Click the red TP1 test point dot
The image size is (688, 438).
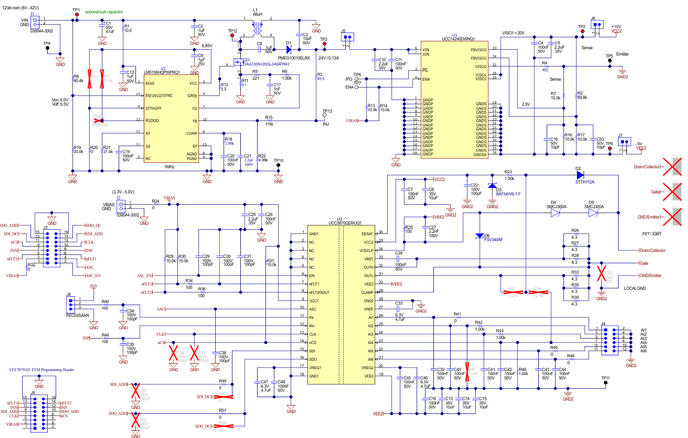(x=76, y=15)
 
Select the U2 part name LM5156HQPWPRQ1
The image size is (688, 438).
(x=162, y=72)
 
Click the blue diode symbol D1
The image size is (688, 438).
(x=289, y=49)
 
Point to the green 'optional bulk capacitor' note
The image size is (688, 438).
(x=104, y=12)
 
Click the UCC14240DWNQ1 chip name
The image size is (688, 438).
(x=458, y=39)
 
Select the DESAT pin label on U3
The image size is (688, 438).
(x=367, y=234)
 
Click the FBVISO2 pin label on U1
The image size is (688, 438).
(x=478, y=50)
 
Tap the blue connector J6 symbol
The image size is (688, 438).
(x=597, y=25)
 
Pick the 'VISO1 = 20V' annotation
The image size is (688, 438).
(x=513, y=33)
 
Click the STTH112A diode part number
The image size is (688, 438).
(x=585, y=182)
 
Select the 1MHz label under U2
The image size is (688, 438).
(x=169, y=167)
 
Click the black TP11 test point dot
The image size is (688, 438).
(x=606, y=383)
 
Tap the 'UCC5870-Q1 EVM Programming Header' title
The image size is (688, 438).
(x=41, y=370)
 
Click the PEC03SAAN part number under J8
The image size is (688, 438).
(x=78, y=315)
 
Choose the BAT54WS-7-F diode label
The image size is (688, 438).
(x=508, y=194)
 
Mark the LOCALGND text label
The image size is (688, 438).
(x=635, y=288)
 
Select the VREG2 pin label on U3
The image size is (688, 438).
(x=367, y=368)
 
